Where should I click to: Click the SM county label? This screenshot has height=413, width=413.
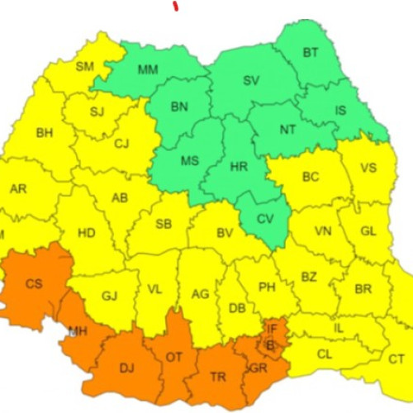[85, 66]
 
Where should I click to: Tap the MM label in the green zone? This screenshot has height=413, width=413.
[148, 69]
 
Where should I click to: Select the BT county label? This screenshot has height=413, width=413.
[311, 53]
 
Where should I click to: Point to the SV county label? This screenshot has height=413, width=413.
[251, 80]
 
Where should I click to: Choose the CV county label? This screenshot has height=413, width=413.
[264, 219]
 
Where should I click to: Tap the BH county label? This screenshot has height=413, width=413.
[44, 132]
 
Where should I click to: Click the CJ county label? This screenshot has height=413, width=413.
[121, 145]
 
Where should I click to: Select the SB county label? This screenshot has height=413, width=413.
[164, 224]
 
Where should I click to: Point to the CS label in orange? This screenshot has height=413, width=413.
[34, 283]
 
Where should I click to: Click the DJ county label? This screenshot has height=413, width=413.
[127, 368]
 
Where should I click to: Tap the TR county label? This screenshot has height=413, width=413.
[218, 376]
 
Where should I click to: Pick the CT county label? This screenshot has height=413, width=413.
[396, 358]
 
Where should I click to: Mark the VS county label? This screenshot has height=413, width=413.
[368, 168]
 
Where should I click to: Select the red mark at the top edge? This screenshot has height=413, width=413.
[175, 5]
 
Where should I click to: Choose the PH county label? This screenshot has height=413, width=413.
[267, 287]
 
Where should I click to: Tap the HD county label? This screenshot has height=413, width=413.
[87, 233]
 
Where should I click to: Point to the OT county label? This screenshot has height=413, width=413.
[174, 356]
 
